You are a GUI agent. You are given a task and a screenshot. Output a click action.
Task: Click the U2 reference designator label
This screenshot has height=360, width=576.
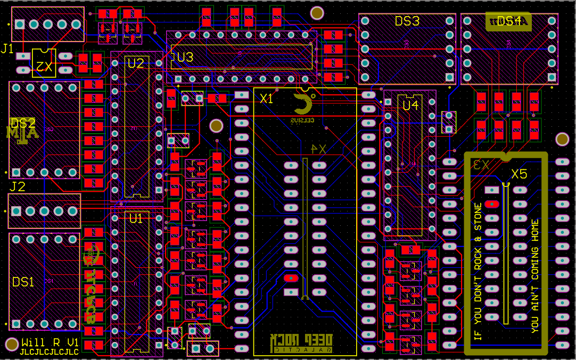[x=135, y=63]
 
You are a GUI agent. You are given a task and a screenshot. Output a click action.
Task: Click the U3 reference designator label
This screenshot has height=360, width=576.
[x=185, y=57]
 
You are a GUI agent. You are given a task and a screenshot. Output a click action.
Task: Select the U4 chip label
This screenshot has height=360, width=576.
[x=410, y=105]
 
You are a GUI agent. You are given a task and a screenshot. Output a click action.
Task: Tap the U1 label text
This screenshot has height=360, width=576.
[x=136, y=218]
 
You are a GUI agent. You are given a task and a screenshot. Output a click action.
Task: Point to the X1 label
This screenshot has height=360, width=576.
[x=266, y=99]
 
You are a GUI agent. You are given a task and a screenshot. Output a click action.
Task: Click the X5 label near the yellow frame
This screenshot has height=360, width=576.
[x=519, y=174]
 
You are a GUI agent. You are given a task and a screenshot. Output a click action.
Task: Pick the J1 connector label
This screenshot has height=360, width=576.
[x=7, y=49]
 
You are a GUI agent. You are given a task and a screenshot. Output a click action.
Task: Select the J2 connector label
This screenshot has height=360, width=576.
[x=17, y=187]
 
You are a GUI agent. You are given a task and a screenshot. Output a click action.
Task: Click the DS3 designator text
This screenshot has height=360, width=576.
[x=407, y=21]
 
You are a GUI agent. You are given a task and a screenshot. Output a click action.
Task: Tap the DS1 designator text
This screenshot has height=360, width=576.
[x=23, y=282]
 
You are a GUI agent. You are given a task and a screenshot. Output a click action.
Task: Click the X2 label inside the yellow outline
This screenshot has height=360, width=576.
[x=44, y=67]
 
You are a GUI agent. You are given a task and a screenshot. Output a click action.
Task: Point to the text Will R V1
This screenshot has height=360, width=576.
[x=50, y=342]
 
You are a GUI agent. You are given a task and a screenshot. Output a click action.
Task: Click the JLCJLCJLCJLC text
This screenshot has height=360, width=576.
[x=49, y=352]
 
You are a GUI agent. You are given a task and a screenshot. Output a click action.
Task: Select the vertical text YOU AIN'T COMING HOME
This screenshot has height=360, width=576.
[x=535, y=276]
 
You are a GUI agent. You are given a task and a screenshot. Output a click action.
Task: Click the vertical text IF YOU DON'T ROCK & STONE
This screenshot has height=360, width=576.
[x=477, y=272]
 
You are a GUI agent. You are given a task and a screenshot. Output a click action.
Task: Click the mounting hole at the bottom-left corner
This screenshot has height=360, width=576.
[x=11, y=344]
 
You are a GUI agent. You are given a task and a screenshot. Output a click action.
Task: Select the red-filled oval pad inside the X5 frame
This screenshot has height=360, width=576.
[x=492, y=203]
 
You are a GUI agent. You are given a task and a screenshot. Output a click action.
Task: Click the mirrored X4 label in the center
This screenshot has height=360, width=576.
[x=318, y=149]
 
